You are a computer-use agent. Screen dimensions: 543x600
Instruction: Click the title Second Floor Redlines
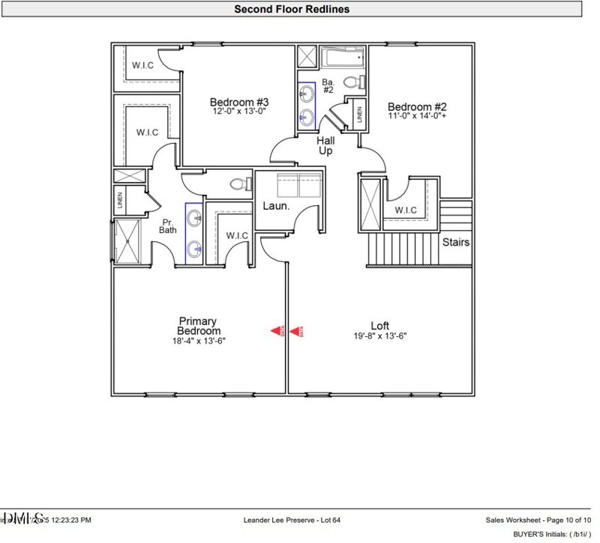[292, 9]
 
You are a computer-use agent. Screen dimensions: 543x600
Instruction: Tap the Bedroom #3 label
[238, 103]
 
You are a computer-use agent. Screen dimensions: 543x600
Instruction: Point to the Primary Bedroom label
[199, 326]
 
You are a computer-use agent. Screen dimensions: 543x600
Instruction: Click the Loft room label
[379, 326]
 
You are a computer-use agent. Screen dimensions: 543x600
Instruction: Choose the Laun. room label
[275, 205]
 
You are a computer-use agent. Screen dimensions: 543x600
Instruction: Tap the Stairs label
[456, 242]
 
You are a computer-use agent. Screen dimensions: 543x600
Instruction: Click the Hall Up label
[325, 145]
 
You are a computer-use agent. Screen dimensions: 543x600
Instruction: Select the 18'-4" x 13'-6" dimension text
[199, 341]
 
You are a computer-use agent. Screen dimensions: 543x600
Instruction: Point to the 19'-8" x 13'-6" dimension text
[379, 337]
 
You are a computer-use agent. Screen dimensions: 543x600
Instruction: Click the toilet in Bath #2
[352, 82]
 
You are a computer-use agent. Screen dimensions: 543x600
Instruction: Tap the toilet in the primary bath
[238, 183]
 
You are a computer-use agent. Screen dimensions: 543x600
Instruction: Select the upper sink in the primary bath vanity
[194, 219]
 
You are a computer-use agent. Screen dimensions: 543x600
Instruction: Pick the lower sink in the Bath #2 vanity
[307, 116]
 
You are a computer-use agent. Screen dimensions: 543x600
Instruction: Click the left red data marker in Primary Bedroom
[276, 330]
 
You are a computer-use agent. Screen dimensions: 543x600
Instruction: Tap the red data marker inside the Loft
[295, 330]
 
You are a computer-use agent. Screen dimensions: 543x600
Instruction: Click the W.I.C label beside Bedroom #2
[406, 209]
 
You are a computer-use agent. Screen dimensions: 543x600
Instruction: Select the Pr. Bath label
[167, 225]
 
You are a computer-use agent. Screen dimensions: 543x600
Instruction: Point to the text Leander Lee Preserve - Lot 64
[292, 520]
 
